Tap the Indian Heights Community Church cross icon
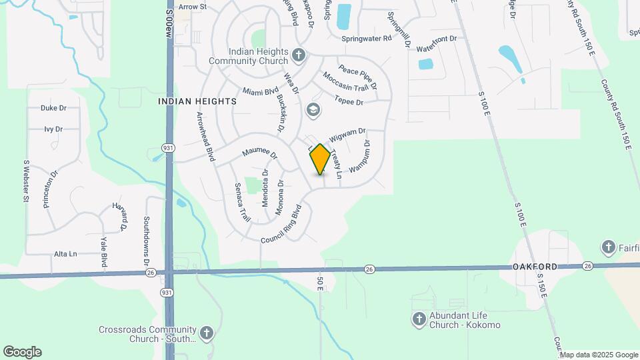click(x=299, y=54)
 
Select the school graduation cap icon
click(x=313, y=109)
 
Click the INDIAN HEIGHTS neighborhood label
click(x=197, y=101)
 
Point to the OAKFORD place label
click(x=535, y=267)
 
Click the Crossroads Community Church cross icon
click(x=207, y=331)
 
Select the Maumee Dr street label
click(x=259, y=153)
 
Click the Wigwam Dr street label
click(x=347, y=134)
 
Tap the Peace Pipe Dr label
click(x=358, y=77)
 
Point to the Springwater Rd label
click(x=366, y=39)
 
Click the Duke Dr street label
click(x=53, y=107)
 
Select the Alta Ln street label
click(x=65, y=254)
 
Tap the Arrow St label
click(x=193, y=7)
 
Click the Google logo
click(x=22, y=352)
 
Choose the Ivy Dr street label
click(x=53, y=129)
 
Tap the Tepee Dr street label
click(x=350, y=102)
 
